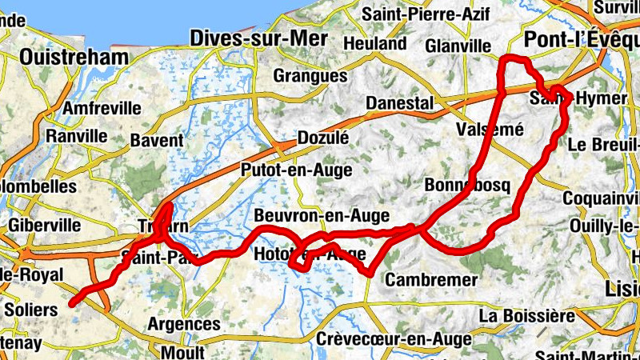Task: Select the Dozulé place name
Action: pyautogui.click(x=323, y=138)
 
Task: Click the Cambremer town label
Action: pyautogui.click(x=431, y=280)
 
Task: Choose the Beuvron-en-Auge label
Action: pyautogui.click(x=322, y=216)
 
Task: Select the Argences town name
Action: pyautogui.click(x=184, y=324)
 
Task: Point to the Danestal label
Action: pyautogui.click(x=399, y=104)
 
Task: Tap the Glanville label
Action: pyautogui.click(x=458, y=45)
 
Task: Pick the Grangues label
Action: pyautogui.click(x=310, y=76)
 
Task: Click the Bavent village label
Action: pyautogui.click(x=157, y=141)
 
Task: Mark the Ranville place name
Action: pyautogui.click(x=77, y=136)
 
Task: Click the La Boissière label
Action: pyautogui.click(x=526, y=315)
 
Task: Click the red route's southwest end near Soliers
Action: pyautogui.click(x=72, y=302)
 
